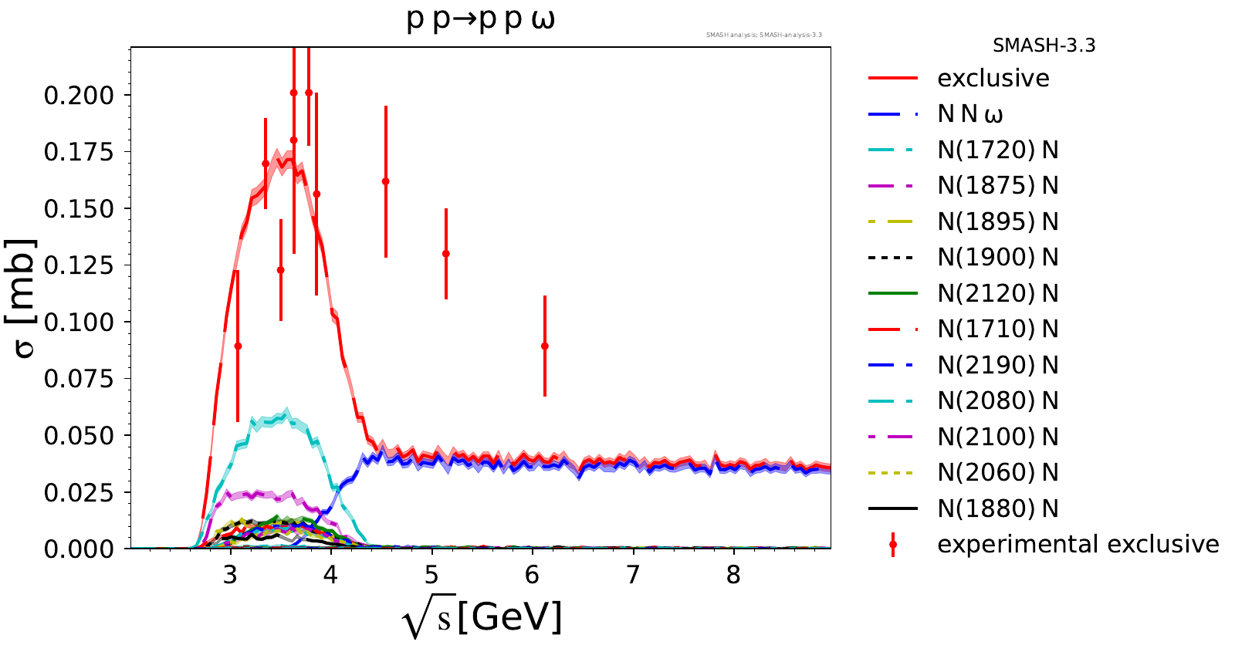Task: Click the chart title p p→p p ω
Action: pos(480,19)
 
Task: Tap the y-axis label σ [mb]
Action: pos(25,299)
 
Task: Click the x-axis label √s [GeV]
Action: pos(482,617)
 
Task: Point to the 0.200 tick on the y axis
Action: pos(79,96)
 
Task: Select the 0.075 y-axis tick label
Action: pos(79,379)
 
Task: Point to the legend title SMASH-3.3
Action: pos(1044,46)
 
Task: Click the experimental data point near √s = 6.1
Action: pos(545,346)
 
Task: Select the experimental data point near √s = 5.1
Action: pos(446,254)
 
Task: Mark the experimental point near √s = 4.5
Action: pos(386,182)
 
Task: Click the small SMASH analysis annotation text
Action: pos(763,35)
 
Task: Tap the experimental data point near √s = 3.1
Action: pos(238,346)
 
